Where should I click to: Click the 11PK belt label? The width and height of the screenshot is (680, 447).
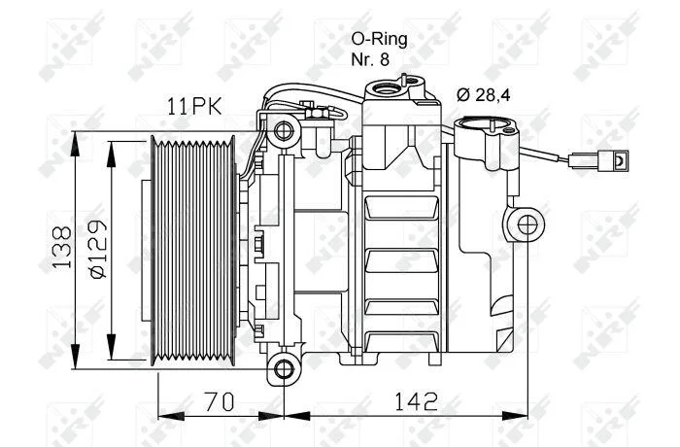(x=194, y=106)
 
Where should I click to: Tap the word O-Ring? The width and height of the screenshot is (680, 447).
(x=380, y=40)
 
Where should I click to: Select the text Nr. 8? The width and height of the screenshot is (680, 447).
(x=370, y=59)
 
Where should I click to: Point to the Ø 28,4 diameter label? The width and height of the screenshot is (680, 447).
(x=484, y=94)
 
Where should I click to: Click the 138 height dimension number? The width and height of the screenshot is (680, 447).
(x=61, y=247)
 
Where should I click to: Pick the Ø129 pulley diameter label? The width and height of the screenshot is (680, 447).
(x=97, y=248)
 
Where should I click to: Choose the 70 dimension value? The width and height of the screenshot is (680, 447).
(x=220, y=401)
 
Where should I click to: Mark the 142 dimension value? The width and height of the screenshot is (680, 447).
(x=417, y=401)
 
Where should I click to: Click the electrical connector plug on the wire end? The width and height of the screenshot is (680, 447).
(x=598, y=159)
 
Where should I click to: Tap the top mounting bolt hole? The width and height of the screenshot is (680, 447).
(x=284, y=131)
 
